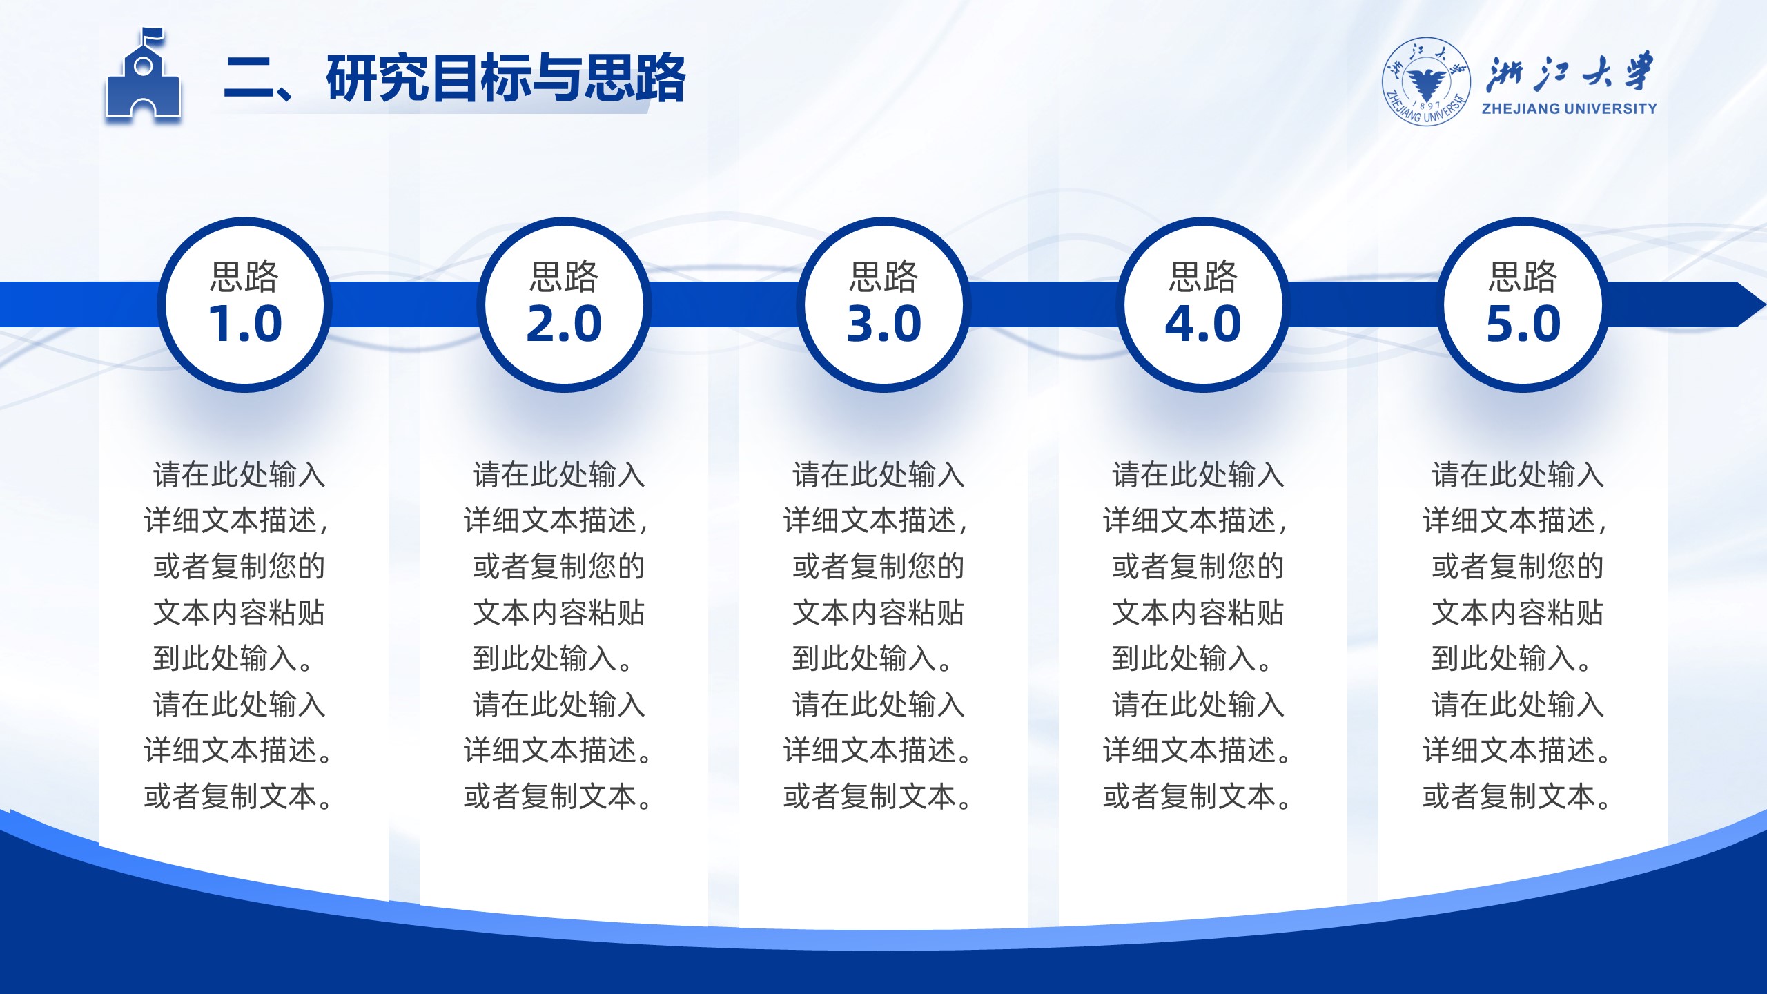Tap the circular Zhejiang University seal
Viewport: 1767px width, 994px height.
1425,82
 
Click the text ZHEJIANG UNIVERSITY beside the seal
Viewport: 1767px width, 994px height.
1569,108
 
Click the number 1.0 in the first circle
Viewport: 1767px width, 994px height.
245,324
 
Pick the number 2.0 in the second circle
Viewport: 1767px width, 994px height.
564,324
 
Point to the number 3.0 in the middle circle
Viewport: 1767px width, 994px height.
884,324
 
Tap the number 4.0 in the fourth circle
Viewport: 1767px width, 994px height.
1203,324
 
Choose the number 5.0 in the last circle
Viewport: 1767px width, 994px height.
1523,324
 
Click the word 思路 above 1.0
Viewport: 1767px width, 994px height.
244,277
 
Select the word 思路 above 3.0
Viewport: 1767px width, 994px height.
883,277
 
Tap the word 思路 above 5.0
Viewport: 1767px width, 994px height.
1523,277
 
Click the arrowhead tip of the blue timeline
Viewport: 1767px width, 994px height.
1765,304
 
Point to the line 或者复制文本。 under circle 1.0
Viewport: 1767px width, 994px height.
239,797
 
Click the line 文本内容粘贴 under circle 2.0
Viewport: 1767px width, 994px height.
558,613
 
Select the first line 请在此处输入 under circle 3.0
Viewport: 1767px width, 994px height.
878,475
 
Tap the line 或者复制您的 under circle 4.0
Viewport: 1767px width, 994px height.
1198,567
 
